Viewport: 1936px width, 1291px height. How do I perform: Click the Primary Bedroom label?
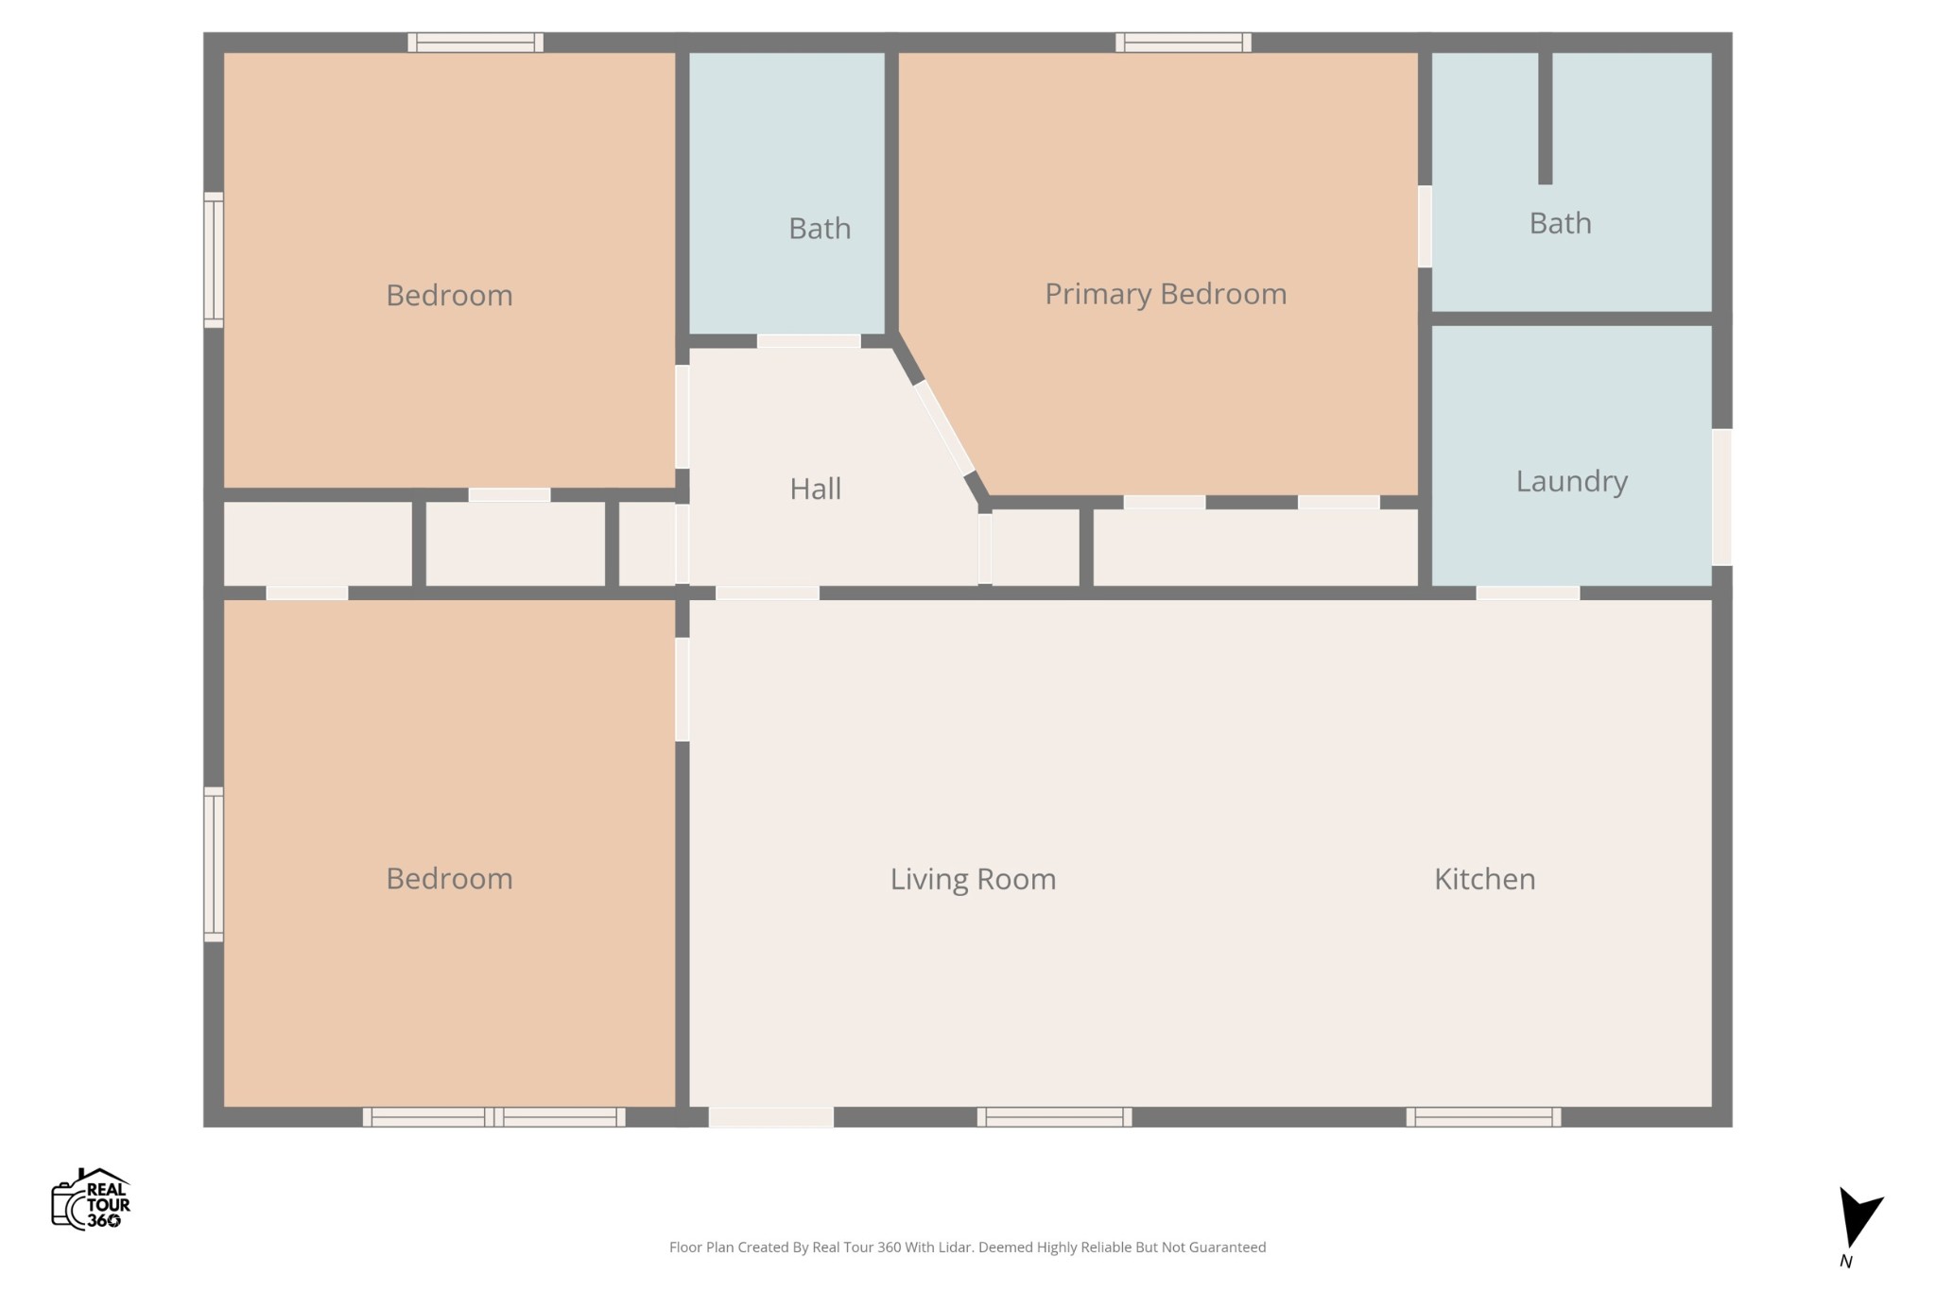coord(1166,294)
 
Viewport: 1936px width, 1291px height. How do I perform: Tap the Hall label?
coord(815,489)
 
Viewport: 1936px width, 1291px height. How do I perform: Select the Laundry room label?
coord(1571,481)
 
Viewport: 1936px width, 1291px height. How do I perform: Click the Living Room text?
coord(973,879)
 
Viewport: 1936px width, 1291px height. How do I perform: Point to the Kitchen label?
coord(1484,879)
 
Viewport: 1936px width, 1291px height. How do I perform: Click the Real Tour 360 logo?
coord(91,1198)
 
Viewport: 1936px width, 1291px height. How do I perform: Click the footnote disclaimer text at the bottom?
coord(967,1248)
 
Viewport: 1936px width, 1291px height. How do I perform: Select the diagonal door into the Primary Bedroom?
coord(943,428)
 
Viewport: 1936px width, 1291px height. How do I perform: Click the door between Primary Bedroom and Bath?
coord(1425,227)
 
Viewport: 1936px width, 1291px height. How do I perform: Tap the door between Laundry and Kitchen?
coord(1528,593)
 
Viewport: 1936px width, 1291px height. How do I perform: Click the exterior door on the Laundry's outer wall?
coord(1722,497)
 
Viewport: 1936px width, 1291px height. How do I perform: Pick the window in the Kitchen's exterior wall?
coord(1483,1117)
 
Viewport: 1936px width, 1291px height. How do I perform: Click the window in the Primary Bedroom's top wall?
coord(1184,43)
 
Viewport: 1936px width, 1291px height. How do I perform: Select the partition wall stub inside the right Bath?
coord(1545,118)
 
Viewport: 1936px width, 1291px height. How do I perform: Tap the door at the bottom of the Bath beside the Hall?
coord(808,341)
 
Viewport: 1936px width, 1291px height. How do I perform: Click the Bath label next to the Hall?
coord(820,229)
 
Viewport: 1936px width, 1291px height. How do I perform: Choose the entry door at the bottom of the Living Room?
coord(770,1117)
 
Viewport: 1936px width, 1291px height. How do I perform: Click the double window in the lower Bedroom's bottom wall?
coord(493,1117)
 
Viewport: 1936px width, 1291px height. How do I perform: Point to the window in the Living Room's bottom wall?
coord(1054,1117)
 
